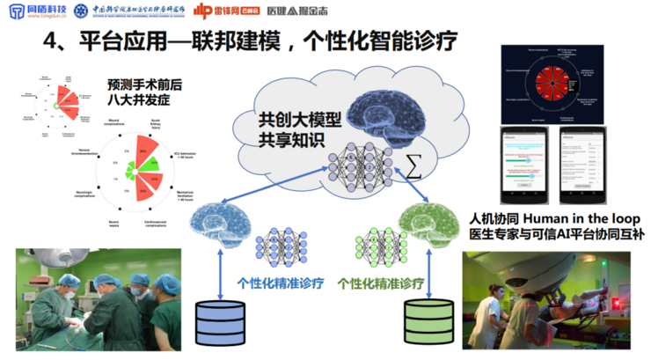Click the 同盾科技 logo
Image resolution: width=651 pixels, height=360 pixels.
click(x=36, y=11)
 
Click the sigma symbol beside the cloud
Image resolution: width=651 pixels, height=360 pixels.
click(x=411, y=166)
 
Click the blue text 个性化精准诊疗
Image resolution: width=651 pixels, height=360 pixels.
click(x=281, y=284)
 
